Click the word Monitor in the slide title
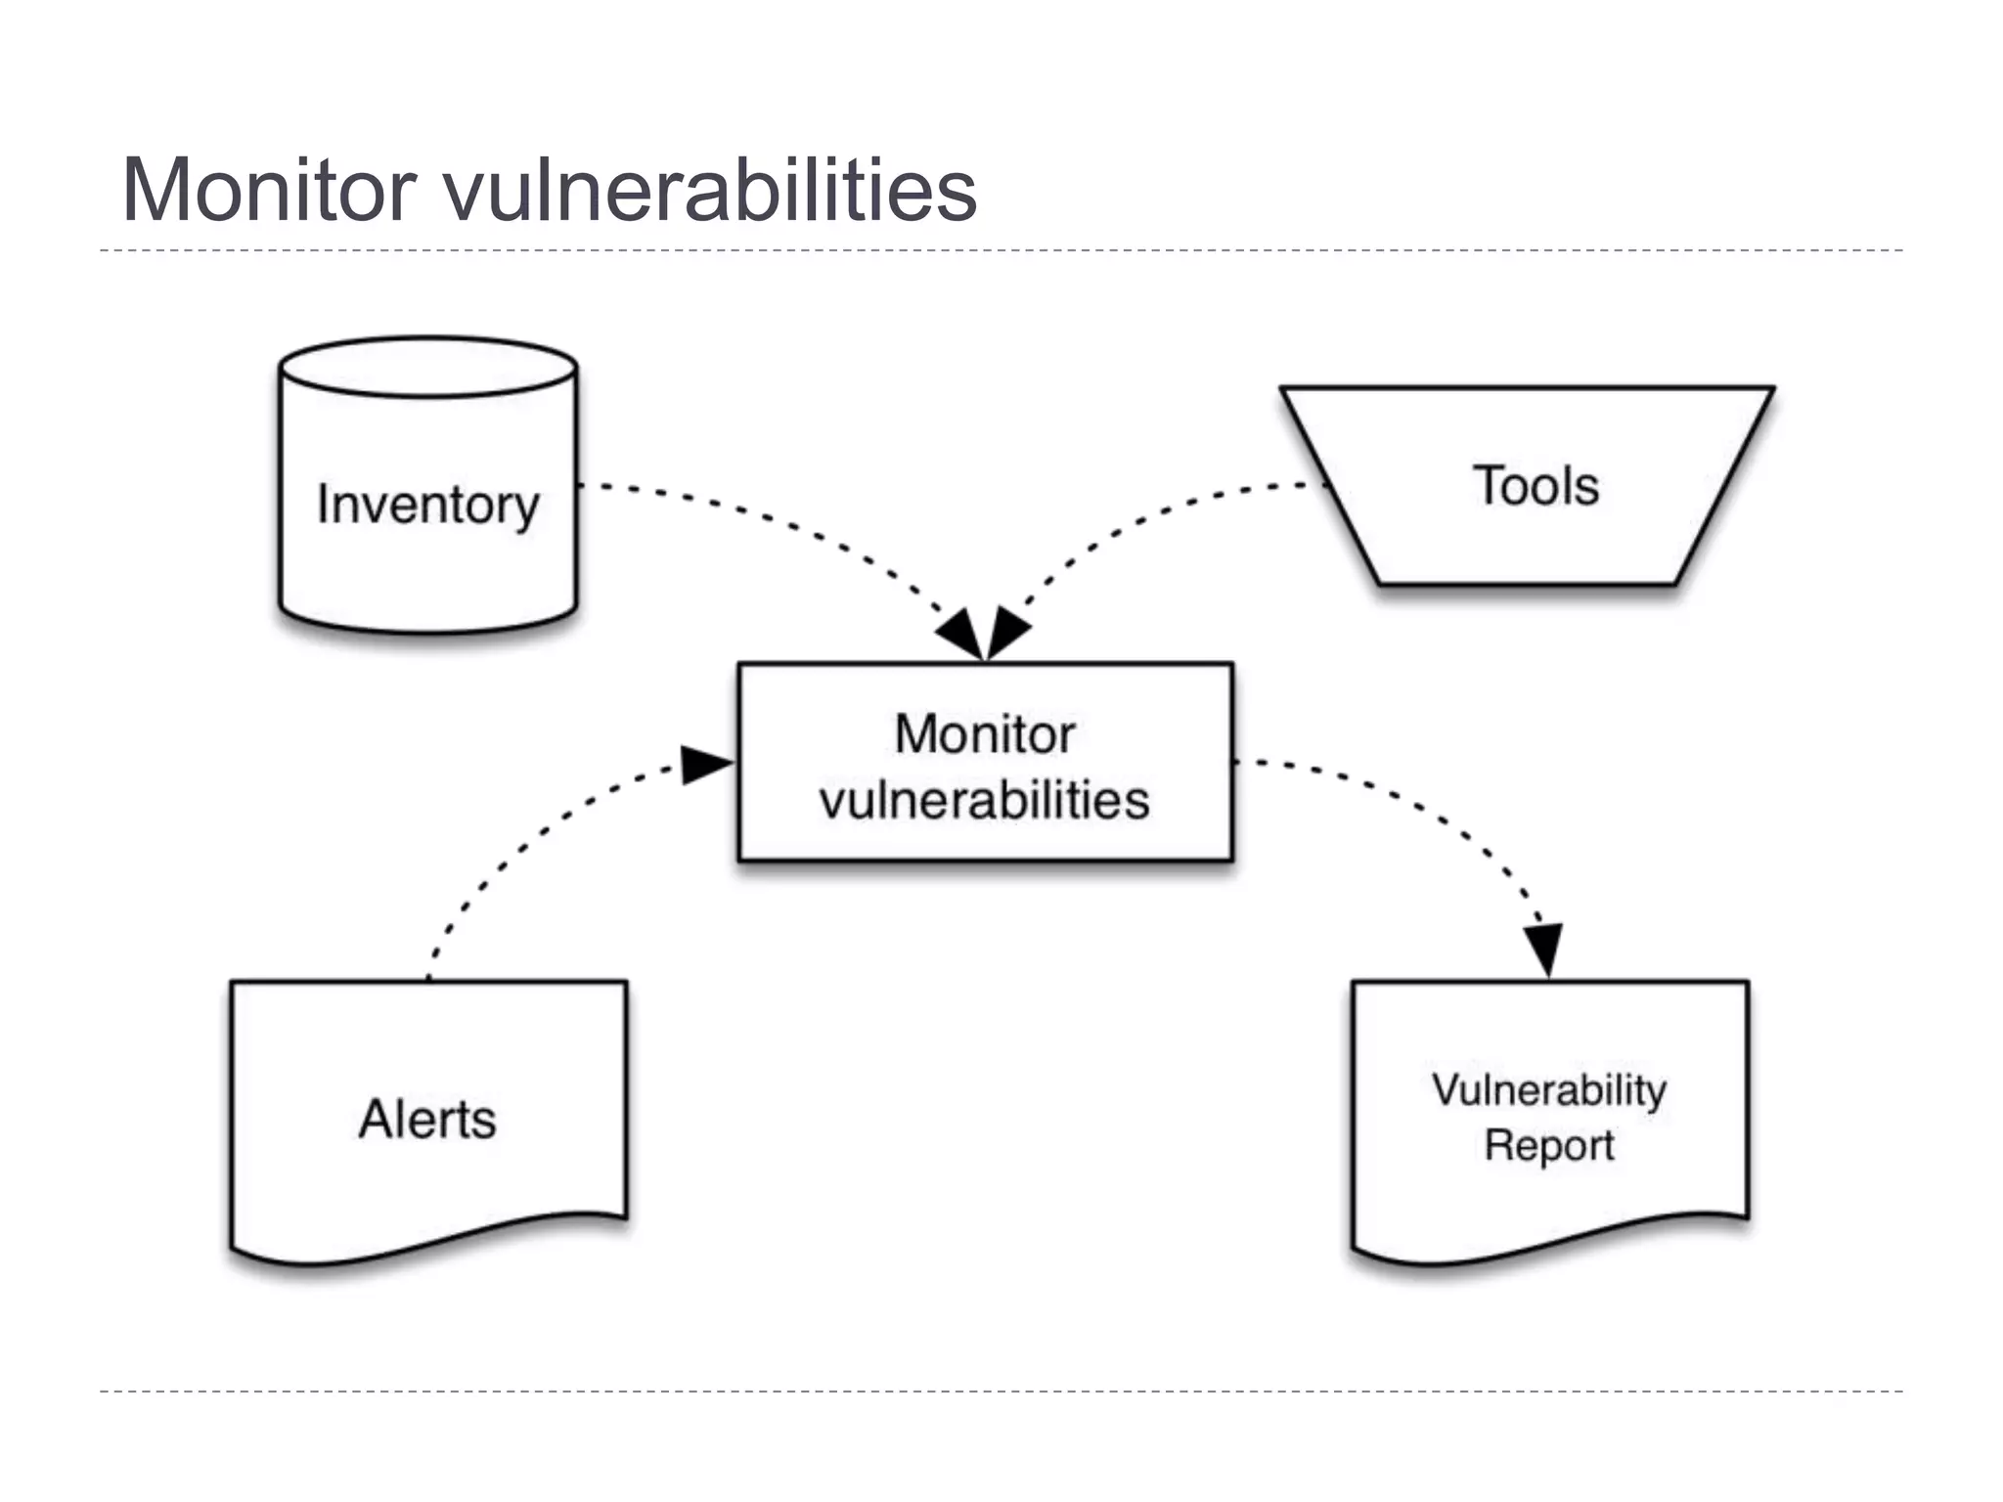click(269, 190)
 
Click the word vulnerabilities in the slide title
click(711, 190)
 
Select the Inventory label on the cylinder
click(427, 506)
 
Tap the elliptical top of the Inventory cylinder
click(427, 368)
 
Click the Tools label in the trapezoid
click(1536, 486)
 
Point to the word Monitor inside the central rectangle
click(985, 733)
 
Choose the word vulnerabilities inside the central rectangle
click(985, 800)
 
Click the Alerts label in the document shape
click(427, 1119)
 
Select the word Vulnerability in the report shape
click(1549, 1089)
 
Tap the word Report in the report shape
click(1549, 1145)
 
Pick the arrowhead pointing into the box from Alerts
click(706, 765)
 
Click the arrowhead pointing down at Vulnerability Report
click(1544, 947)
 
